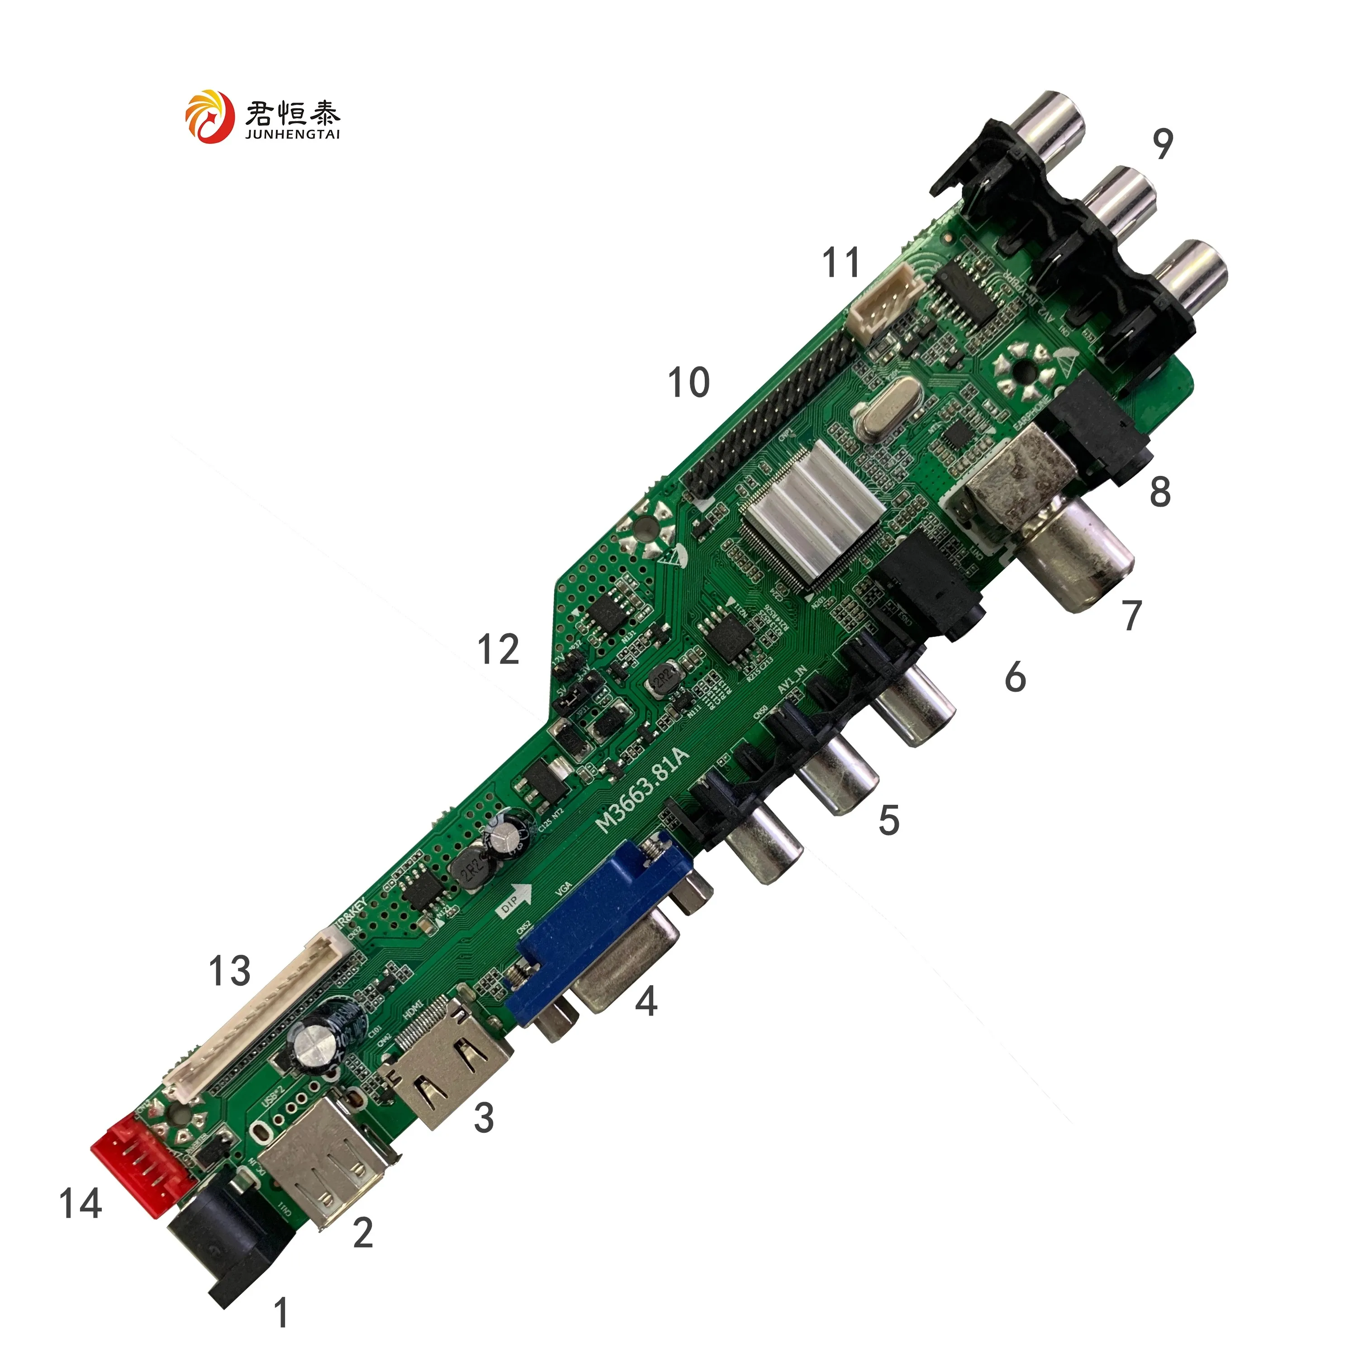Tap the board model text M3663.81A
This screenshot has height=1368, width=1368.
[641, 789]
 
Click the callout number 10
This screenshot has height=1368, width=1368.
[688, 383]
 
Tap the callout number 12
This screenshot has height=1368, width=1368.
[499, 649]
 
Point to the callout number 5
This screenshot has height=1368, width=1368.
[888, 820]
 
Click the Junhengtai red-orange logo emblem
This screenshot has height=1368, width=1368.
[209, 117]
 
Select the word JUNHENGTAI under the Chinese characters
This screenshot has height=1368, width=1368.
[292, 134]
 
